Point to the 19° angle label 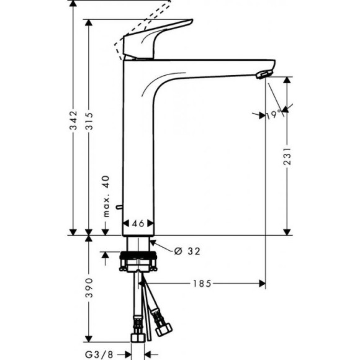(269, 115)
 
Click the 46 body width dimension (138, 223)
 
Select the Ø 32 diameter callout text (187, 251)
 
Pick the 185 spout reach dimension (200, 283)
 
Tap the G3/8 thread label (99, 354)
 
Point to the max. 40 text (106, 194)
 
